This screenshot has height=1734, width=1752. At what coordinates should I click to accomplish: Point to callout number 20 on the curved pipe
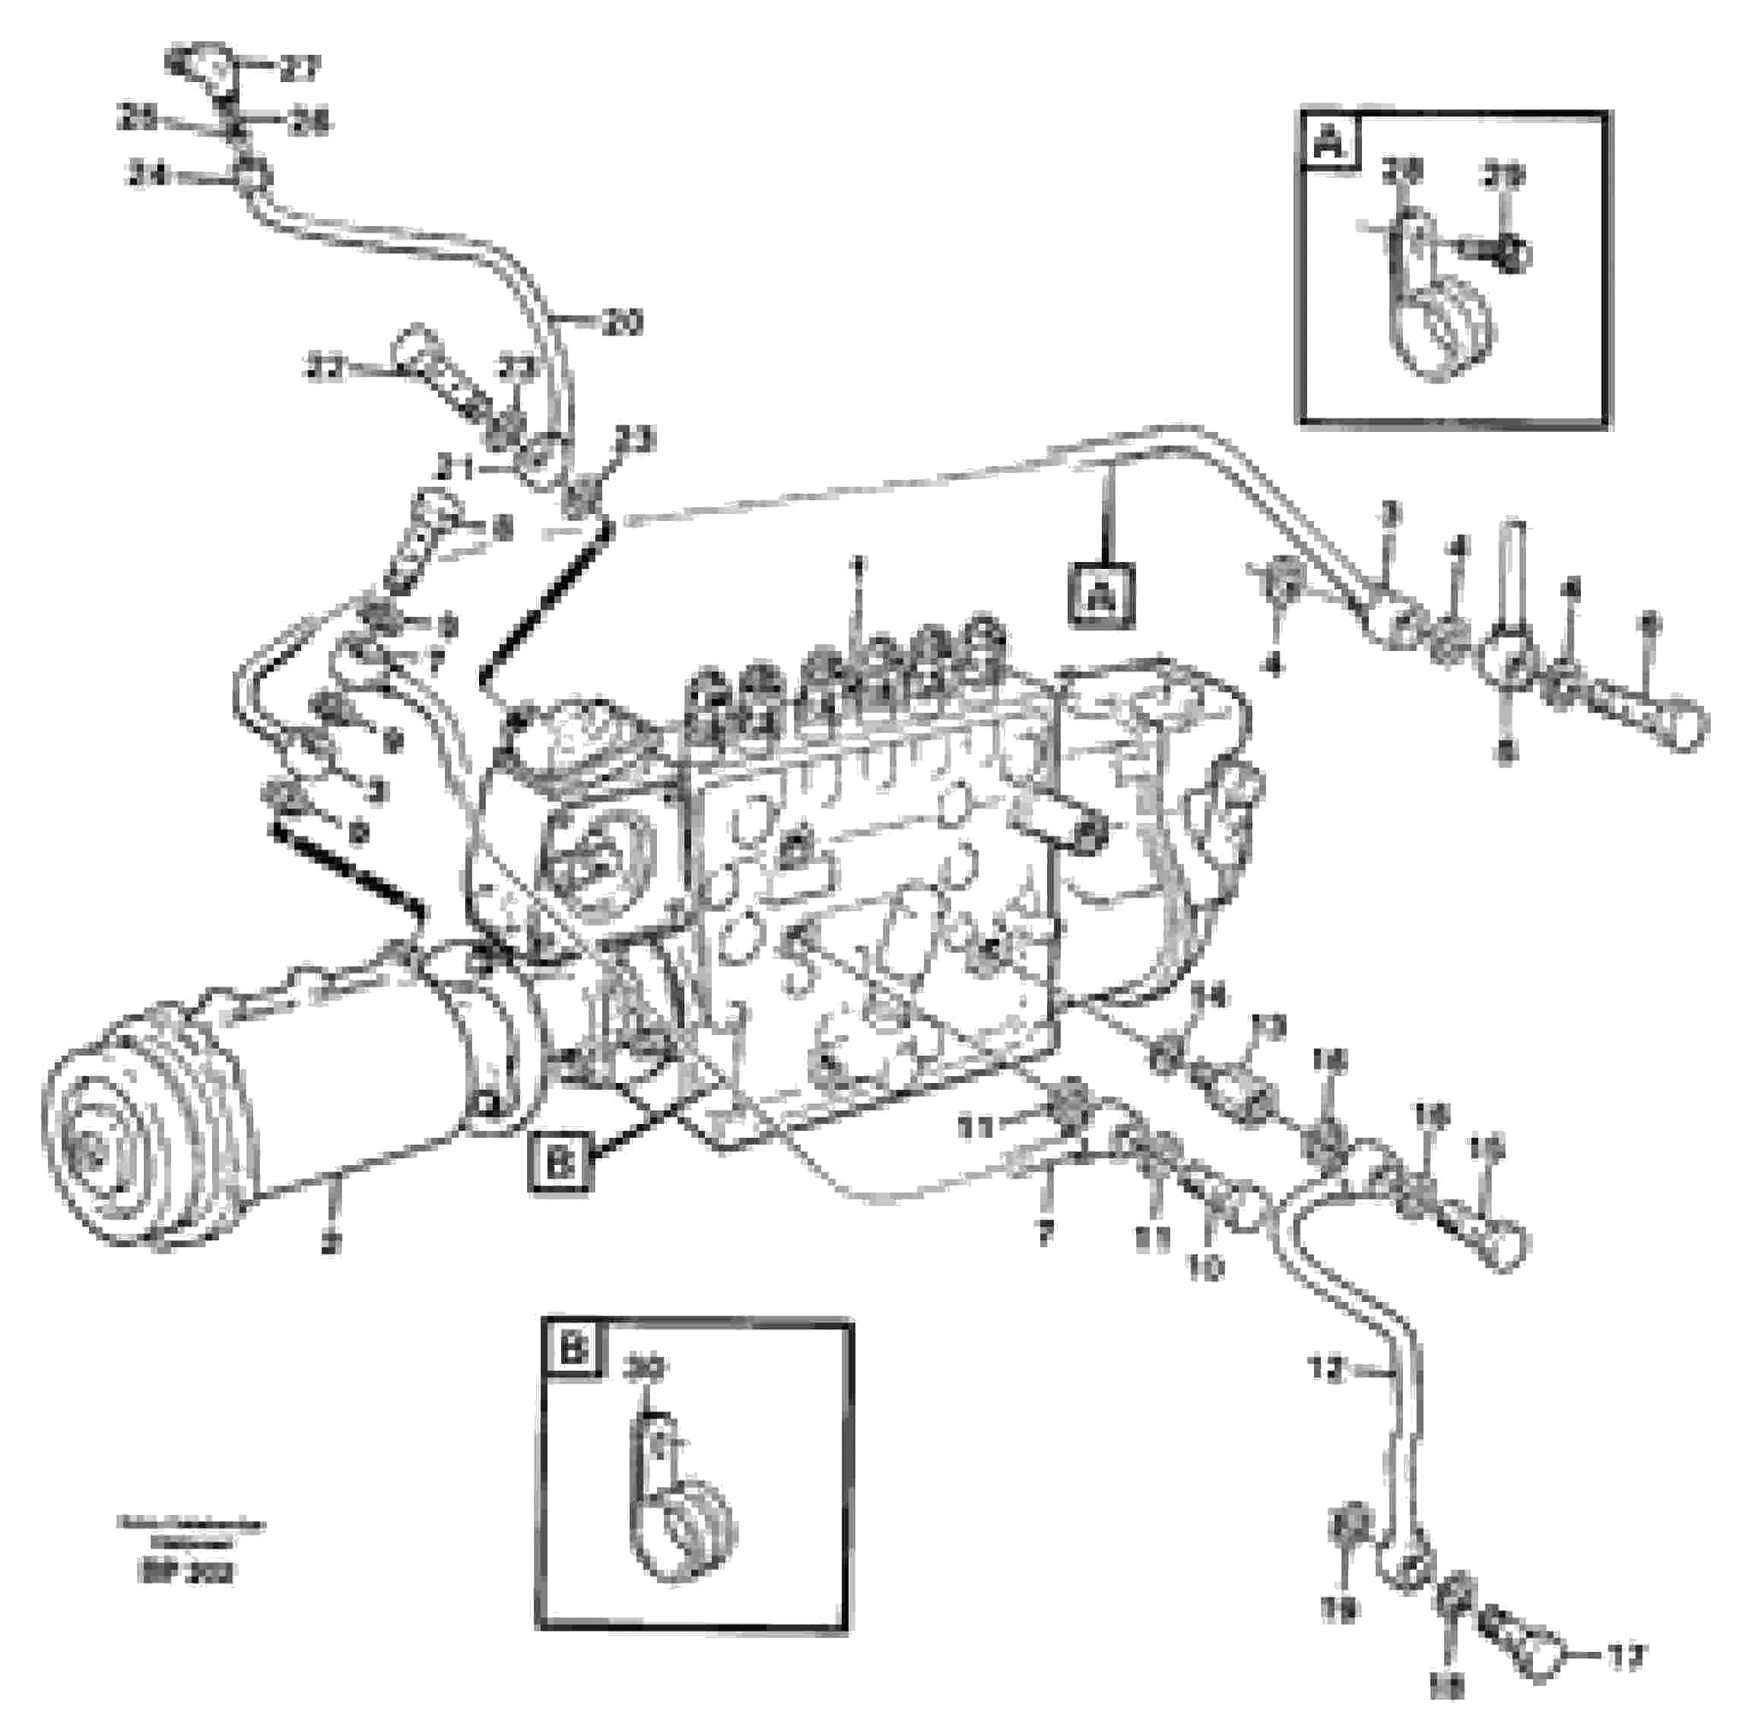[x=622, y=321]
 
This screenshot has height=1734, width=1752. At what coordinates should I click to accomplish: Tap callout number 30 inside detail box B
[x=646, y=1368]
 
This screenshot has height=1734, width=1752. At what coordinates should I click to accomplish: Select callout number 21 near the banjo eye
[x=453, y=468]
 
